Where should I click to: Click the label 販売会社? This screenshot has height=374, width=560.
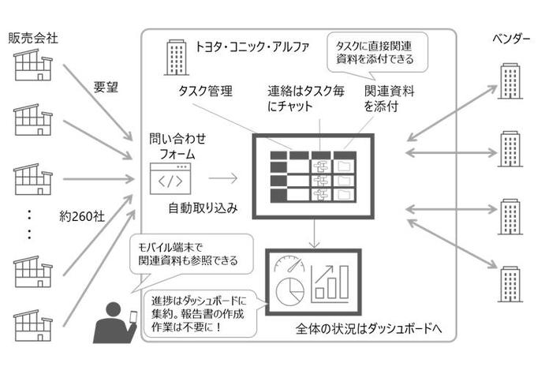[33, 37]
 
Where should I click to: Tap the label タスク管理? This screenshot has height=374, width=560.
[205, 92]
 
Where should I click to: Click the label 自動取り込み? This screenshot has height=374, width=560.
[202, 208]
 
